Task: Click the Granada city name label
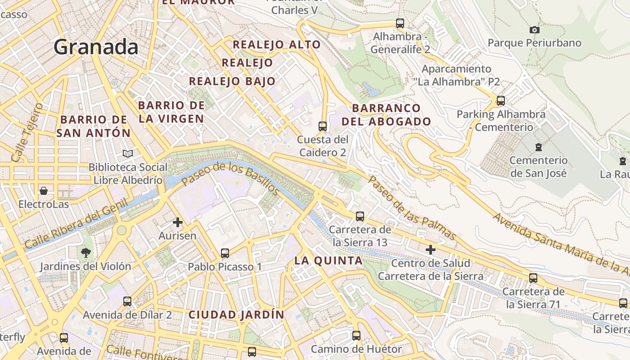(x=96, y=47)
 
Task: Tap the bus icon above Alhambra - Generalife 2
(x=400, y=23)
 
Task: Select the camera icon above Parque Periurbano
(x=534, y=30)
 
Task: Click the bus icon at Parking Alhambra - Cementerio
(x=500, y=100)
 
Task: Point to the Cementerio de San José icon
(x=538, y=147)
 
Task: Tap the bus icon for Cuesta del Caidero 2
(x=322, y=126)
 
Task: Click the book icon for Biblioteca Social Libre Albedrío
(x=128, y=154)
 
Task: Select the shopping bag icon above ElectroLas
(x=44, y=191)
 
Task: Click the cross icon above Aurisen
(x=178, y=222)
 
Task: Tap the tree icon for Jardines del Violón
(x=85, y=252)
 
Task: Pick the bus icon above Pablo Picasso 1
(x=225, y=253)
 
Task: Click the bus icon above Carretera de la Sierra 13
(x=360, y=216)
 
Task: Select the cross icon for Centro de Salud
(x=431, y=249)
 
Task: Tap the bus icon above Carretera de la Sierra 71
(x=533, y=278)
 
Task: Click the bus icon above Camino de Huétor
(x=356, y=335)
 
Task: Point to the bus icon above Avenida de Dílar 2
(x=127, y=301)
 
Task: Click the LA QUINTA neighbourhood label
(x=328, y=261)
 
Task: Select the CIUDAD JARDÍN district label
(x=236, y=315)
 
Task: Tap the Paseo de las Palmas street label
(x=412, y=208)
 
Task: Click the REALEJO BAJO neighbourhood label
(x=232, y=81)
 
